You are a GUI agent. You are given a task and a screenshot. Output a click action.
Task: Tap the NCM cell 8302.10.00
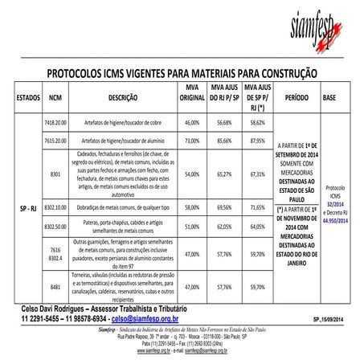pyautogui.click(x=55, y=207)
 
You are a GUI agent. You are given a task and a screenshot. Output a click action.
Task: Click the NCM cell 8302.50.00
pyautogui.click(x=55, y=227)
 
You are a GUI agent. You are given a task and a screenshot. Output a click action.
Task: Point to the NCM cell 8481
pyautogui.click(x=55, y=285)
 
